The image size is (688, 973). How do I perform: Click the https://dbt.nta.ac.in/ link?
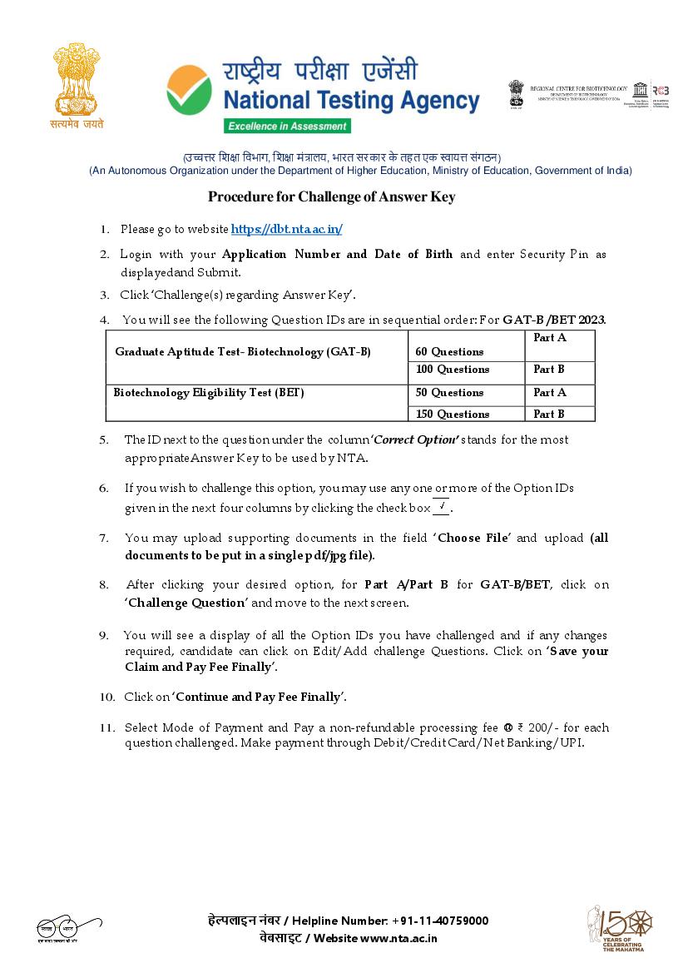[286, 229]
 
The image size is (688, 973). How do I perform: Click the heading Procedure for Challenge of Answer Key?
[331, 197]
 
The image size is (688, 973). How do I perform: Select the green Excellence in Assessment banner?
[286, 126]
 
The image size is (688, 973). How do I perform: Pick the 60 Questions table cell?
[448, 351]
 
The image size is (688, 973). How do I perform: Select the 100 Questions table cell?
[453, 370]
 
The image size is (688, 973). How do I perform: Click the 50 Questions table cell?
[449, 392]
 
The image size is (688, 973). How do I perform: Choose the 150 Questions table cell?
[453, 414]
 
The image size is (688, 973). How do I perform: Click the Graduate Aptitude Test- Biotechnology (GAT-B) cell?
[243, 351]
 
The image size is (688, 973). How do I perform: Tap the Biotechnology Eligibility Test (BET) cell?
[209, 392]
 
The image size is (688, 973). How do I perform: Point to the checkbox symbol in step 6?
[441, 507]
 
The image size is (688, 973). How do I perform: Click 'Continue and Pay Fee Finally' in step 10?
[259, 697]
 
